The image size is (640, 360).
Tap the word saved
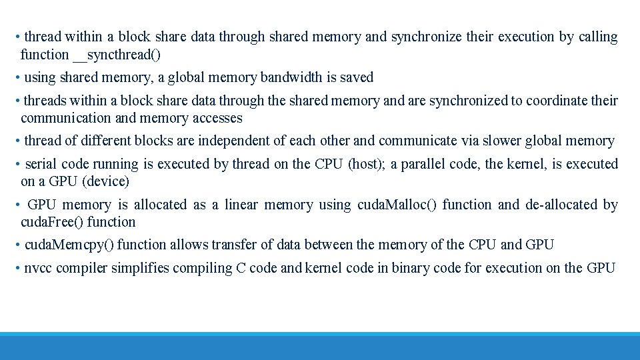tap(357, 77)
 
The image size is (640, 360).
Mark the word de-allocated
tap(561, 205)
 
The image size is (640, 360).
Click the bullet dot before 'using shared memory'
tap(17, 77)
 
